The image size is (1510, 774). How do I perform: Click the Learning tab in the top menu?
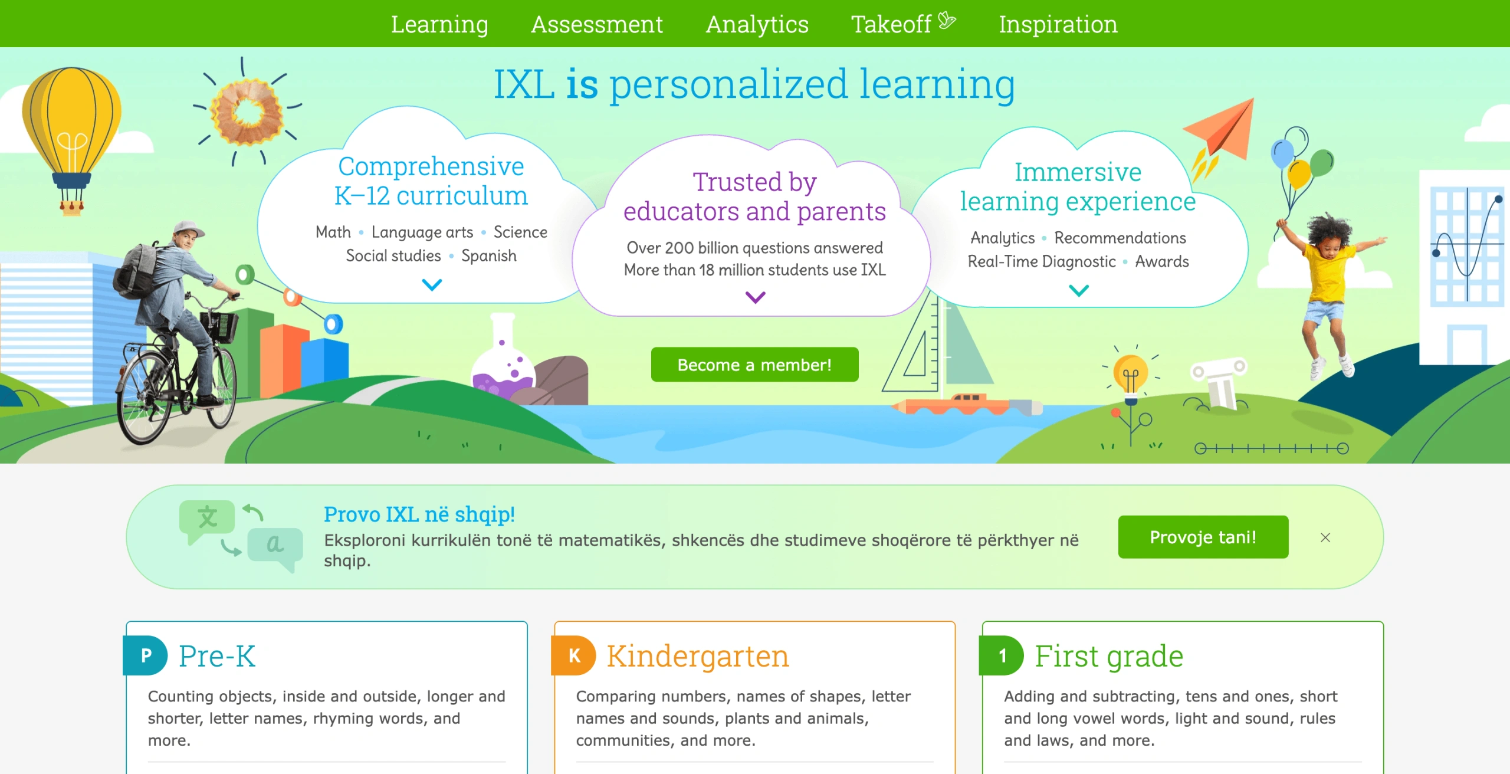click(439, 24)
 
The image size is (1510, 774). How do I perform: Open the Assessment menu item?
click(597, 24)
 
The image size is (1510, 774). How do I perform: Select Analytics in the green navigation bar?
click(757, 24)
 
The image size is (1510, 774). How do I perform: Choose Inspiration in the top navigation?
click(1058, 24)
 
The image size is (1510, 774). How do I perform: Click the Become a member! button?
click(754, 365)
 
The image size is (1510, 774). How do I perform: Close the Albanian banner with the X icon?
click(1325, 537)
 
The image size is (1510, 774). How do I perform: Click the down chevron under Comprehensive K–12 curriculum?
click(432, 286)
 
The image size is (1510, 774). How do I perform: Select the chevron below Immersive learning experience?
click(1079, 290)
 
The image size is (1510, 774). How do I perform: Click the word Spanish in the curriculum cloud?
click(489, 255)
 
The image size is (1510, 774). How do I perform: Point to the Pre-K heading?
click(217, 656)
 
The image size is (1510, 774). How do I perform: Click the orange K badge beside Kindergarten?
click(573, 655)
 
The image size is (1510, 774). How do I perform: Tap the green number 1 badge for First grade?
click(1002, 655)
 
